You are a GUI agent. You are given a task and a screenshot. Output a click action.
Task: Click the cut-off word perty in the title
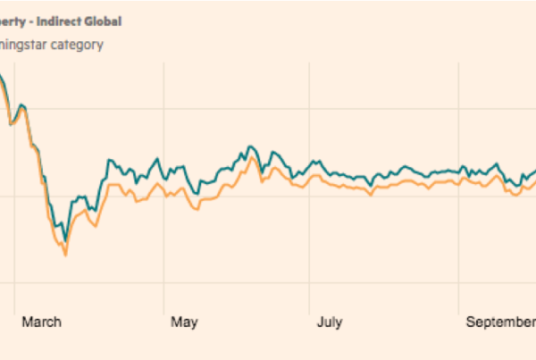point(18,21)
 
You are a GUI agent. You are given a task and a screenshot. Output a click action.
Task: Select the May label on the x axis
point(183,322)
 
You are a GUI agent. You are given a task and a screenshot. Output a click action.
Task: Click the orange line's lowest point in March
point(65,255)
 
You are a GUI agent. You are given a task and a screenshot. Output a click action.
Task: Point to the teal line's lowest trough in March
point(64,241)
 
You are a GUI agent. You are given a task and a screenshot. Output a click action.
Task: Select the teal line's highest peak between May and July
point(251,146)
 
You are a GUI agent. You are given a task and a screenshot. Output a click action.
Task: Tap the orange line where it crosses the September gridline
point(465,178)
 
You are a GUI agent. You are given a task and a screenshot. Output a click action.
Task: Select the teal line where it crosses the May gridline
point(166,175)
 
